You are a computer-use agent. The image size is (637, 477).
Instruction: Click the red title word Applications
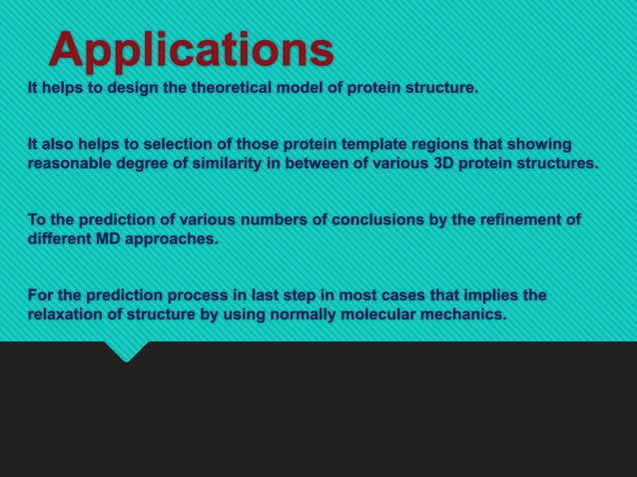(191, 49)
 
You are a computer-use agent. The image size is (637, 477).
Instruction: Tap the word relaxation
(67, 315)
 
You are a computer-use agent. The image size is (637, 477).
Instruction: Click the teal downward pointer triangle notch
(127, 351)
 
